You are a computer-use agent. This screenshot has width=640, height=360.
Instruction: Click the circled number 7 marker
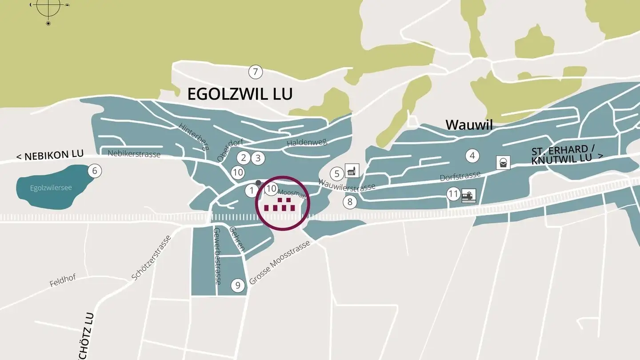click(x=255, y=72)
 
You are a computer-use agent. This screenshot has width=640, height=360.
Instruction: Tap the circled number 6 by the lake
click(x=95, y=171)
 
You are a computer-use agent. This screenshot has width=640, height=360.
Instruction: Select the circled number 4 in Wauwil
click(x=472, y=156)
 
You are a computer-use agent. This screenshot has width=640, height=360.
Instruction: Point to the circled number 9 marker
click(x=238, y=285)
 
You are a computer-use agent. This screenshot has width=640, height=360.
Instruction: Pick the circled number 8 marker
click(x=350, y=202)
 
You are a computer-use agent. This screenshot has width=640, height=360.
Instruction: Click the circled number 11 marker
click(x=453, y=194)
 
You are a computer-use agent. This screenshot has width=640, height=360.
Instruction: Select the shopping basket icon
click(x=503, y=162)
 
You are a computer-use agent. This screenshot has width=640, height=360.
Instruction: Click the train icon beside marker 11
click(x=469, y=196)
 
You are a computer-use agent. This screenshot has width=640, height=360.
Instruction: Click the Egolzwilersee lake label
click(x=51, y=188)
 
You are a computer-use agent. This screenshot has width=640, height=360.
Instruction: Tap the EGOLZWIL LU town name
click(x=240, y=94)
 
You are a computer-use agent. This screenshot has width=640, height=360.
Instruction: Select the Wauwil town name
click(x=469, y=125)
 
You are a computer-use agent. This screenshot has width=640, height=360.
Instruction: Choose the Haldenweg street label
click(x=307, y=143)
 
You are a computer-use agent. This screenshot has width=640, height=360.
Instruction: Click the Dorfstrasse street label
click(x=460, y=176)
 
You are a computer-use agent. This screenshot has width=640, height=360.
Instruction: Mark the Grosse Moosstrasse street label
click(x=280, y=263)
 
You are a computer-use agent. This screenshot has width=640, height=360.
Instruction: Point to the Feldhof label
click(x=62, y=280)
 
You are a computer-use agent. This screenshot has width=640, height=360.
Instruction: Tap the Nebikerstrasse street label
click(x=134, y=154)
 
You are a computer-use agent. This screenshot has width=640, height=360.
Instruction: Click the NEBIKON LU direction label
click(x=50, y=156)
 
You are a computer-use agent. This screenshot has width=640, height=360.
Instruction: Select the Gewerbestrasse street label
click(x=217, y=256)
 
